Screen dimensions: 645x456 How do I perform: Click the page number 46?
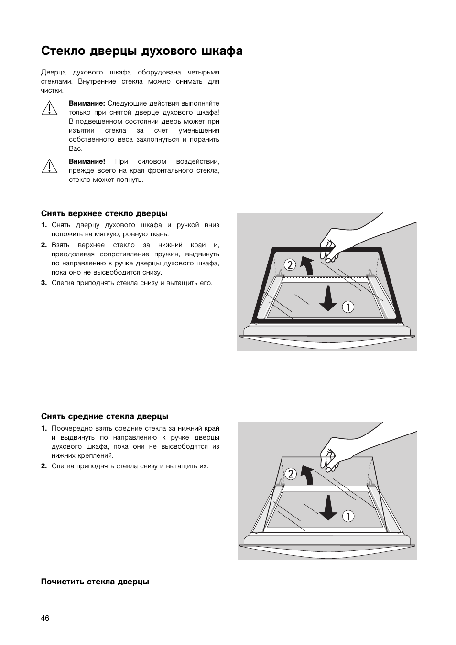tap(45, 618)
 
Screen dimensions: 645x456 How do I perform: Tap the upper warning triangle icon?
tap(49, 108)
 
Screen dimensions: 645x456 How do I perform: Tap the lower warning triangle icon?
tap(49, 166)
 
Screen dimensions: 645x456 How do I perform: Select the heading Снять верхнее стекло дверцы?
tap(104, 213)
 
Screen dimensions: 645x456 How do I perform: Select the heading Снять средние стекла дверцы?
tap(105, 416)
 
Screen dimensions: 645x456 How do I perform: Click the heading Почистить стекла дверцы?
tap(95, 582)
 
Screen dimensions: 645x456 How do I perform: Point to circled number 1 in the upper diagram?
tap(348, 307)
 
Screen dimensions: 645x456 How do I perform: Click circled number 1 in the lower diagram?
tap(348, 516)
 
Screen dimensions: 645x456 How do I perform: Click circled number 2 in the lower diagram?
tap(290, 474)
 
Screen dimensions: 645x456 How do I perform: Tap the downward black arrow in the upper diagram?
tap(328, 299)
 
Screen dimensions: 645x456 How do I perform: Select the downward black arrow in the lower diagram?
tap(328, 508)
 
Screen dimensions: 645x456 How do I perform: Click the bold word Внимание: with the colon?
tap(87, 103)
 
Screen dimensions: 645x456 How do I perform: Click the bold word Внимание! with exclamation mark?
tap(87, 161)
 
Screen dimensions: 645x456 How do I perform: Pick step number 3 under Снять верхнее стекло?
tap(43, 283)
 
